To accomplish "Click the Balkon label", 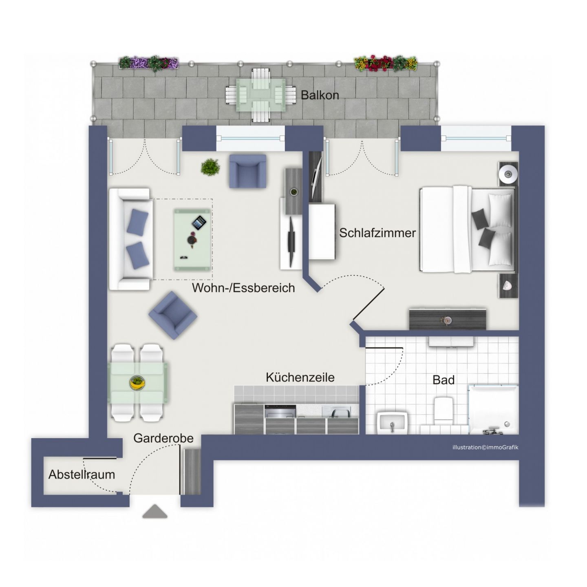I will [x=320, y=95].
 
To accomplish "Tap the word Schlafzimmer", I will [x=377, y=233].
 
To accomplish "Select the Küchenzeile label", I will [x=300, y=377].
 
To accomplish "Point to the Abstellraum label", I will [x=82, y=474].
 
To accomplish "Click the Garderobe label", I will [x=163, y=438].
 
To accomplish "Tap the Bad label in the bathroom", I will [x=443, y=380].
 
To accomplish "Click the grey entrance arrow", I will [x=155, y=512].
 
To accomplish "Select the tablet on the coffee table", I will [x=199, y=223].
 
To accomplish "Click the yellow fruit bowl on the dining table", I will [x=138, y=382].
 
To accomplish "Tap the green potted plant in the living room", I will [x=210, y=167].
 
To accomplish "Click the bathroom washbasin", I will [x=392, y=422].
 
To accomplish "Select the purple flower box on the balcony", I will [x=148, y=63].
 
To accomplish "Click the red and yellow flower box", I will [x=385, y=63].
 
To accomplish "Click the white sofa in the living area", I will [x=130, y=239].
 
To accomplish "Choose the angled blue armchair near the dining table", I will [x=173, y=315].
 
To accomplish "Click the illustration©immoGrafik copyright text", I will [x=485, y=447].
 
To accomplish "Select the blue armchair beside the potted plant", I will [x=247, y=171].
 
